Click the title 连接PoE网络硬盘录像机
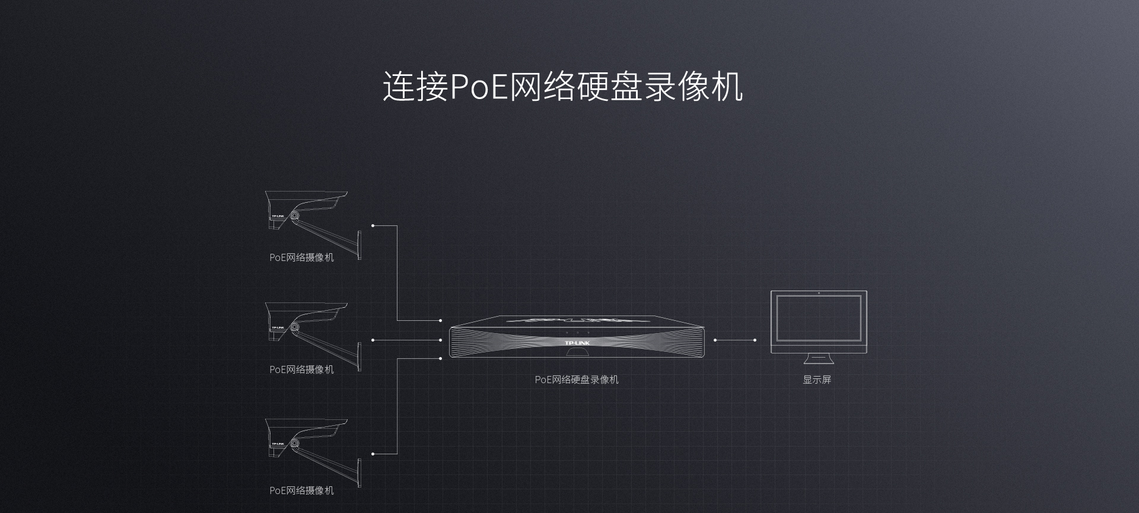click(562, 87)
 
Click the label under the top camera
click(301, 257)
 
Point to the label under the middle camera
click(301, 369)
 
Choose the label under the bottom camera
click(301, 490)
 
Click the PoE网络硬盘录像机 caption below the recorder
click(576, 380)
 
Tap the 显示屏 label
click(817, 380)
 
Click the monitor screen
click(819, 318)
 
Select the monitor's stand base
click(819, 361)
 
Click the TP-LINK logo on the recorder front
click(577, 343)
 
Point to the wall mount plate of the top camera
click(359, 245)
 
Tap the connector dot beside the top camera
click(373, 225)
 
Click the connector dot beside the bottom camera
click(373, 454)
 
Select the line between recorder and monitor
click(734, 340)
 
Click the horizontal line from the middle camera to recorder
click(406, 340)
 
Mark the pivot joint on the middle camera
click(294, 327)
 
